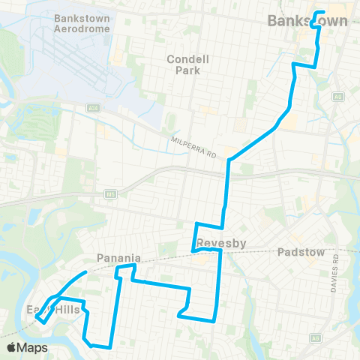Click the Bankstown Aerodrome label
coord(82,22)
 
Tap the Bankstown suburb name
coord(308,21)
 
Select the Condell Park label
coord(190,66)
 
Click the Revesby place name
coord(217,243)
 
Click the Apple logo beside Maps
coord(11,347)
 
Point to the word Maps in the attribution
coord(32,347)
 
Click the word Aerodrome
coord(82,28)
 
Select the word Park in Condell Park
coord(190,72)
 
